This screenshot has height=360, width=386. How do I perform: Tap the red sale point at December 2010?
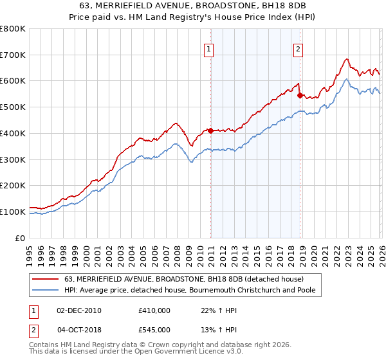[x=210, y=130]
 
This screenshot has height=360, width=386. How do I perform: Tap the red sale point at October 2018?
[x=300, y=96]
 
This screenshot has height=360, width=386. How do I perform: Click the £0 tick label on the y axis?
[x=21, y=238]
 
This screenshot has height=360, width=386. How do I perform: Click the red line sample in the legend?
[x=46, y=279]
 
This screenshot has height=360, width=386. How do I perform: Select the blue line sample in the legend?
[x=46, y=291]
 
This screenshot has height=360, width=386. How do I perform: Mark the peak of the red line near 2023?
[x=347, y=59]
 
